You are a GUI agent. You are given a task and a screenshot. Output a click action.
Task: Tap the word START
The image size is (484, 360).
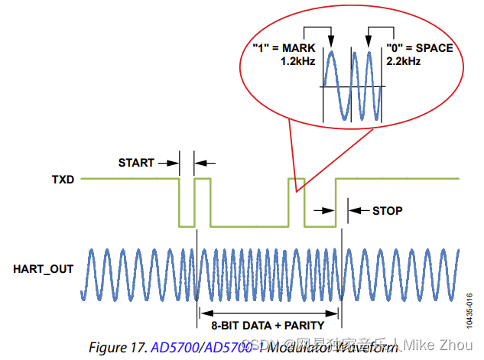tap(136, 163)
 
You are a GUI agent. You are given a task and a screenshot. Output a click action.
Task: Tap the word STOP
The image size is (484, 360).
tap(387, 210)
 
